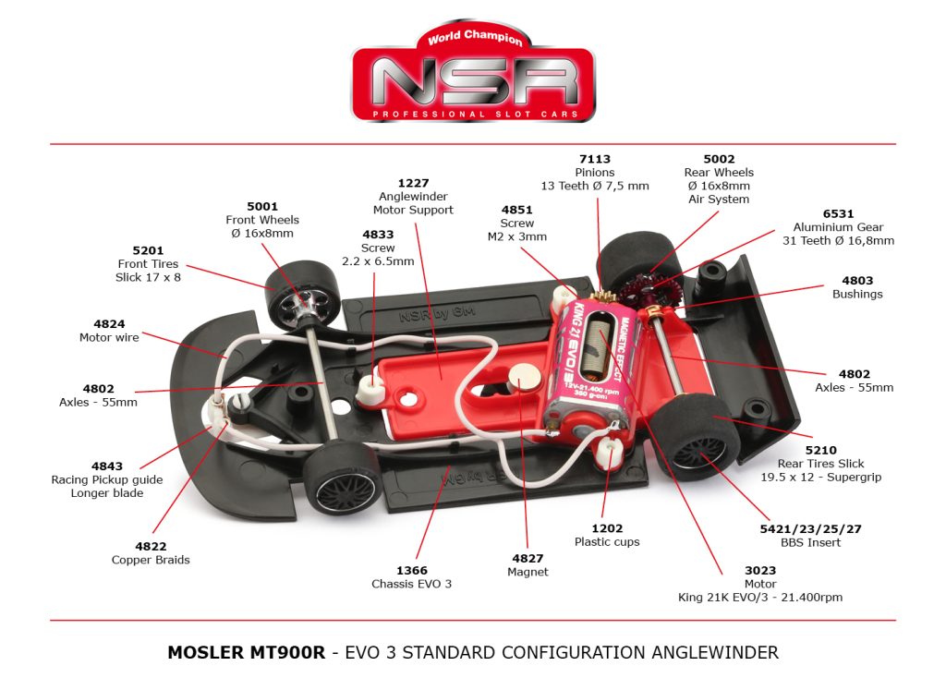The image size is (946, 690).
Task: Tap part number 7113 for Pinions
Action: pos(595,159)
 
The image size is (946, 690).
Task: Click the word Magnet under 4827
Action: pos(528,572)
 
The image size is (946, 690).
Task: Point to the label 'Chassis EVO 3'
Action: pos(412,584)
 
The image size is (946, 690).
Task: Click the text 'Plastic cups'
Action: pos(607,541)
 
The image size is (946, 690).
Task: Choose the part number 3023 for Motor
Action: pos(760,571)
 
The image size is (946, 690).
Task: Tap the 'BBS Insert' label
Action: pos(809,542)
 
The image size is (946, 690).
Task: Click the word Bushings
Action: pos(857,294)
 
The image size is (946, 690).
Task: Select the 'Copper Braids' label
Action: pos(151,560)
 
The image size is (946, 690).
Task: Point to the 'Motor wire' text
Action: pos(109,337)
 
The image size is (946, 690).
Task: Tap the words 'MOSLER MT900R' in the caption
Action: pos(246,652)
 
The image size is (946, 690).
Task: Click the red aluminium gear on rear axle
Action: pos(640,289)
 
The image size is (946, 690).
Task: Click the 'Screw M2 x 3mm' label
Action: pos(517,229)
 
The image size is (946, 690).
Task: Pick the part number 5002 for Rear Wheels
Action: pos(719,159)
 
